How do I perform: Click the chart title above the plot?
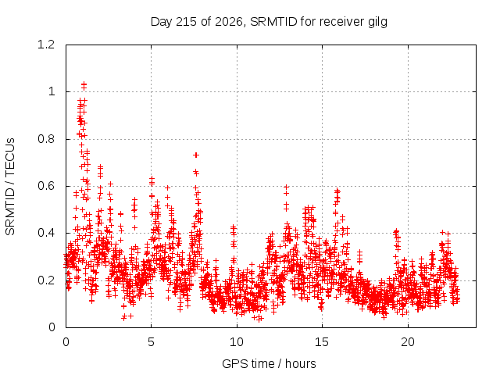[269, 22]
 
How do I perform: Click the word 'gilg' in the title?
[377, 23]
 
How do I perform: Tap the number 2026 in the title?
[229, 22]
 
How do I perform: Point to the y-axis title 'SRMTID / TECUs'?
[10, 186]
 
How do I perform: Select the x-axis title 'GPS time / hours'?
[269, 363]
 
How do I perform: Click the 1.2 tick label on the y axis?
[46, 45]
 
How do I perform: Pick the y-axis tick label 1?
[52, 92]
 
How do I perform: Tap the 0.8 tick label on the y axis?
[46, 139]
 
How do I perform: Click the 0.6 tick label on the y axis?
[46, 186]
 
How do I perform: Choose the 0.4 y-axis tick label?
[46, 233]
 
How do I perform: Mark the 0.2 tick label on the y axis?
[46, 280]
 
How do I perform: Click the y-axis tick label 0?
[52, 327]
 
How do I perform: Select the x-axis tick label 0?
[66, 342]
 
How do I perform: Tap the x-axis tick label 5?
[151, 342]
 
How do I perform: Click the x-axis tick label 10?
[237, 342]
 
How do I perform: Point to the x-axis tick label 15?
[322, 342]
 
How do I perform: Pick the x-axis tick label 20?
[408, 342]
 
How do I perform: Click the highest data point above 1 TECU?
[84, 84]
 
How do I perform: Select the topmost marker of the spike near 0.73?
[196, 155]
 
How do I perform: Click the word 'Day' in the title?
[161, 23]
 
